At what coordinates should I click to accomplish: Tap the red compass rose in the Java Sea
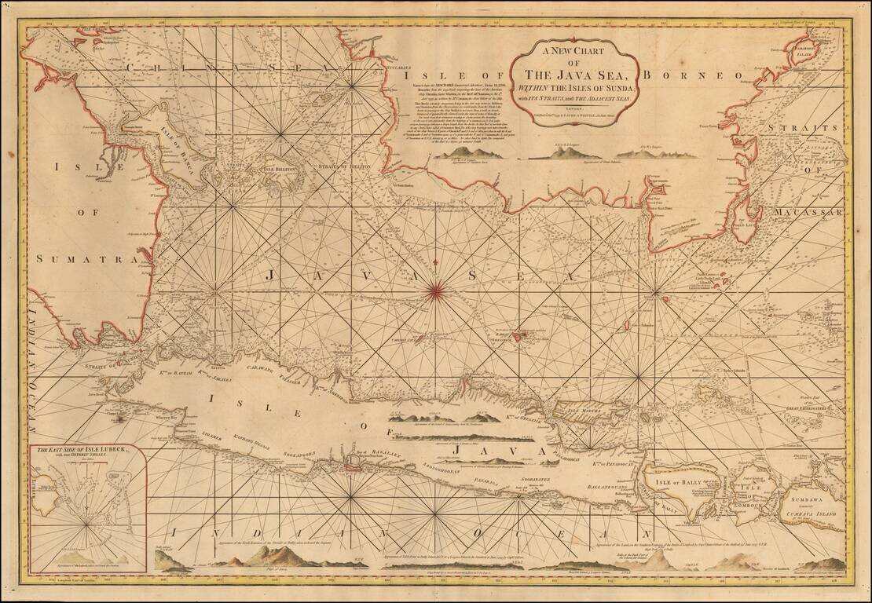[434, 293]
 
